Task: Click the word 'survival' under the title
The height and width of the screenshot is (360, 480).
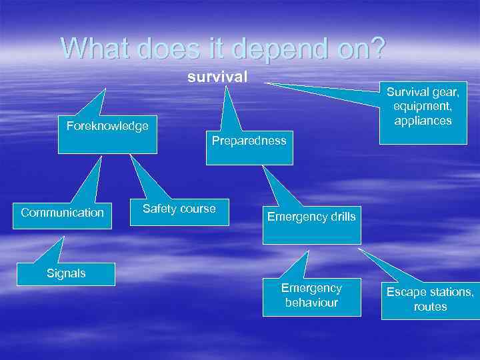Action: [x=217, y=77]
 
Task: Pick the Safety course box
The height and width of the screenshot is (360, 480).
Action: [x=179, y=213]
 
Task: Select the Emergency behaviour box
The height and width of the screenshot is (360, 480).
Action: [x=311, y=295]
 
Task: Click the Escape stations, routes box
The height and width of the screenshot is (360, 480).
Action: [x=430, y=299]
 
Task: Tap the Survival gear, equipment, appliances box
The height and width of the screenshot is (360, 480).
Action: [x=423, y=112]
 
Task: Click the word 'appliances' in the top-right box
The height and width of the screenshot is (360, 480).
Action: [x=423, y=121]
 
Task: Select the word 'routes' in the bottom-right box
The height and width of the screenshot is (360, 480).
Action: [x=430, y=307]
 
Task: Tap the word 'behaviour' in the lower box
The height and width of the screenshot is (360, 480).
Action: [x=311, y=303]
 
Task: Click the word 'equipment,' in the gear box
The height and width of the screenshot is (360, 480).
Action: [x=423, y=106]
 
